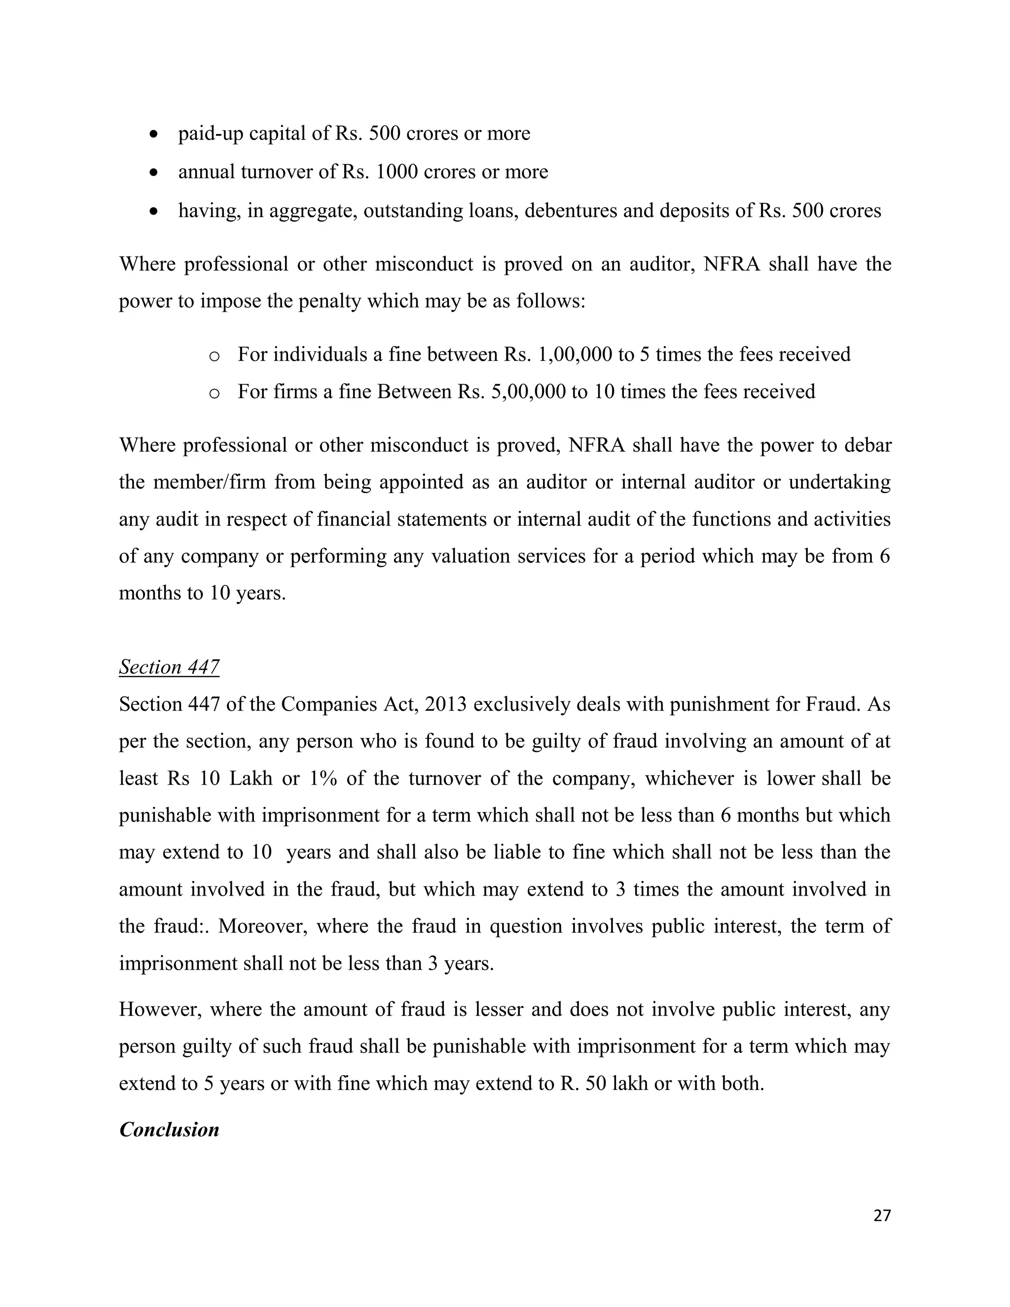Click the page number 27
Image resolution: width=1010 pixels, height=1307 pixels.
(882, 1215)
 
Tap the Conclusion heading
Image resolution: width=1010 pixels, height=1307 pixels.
(169, 1129)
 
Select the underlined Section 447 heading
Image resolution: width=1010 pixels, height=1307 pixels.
(169, 667)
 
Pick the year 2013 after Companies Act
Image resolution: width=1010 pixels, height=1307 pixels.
(446, 704)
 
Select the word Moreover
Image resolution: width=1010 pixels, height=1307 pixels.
(263, 926)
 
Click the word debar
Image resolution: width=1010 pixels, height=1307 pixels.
(867, 445)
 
